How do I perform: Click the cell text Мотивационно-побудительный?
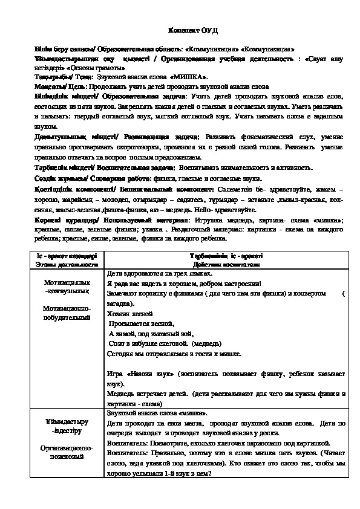(x=67, y=313)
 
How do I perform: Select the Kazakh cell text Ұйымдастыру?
(x=67, y=421)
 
